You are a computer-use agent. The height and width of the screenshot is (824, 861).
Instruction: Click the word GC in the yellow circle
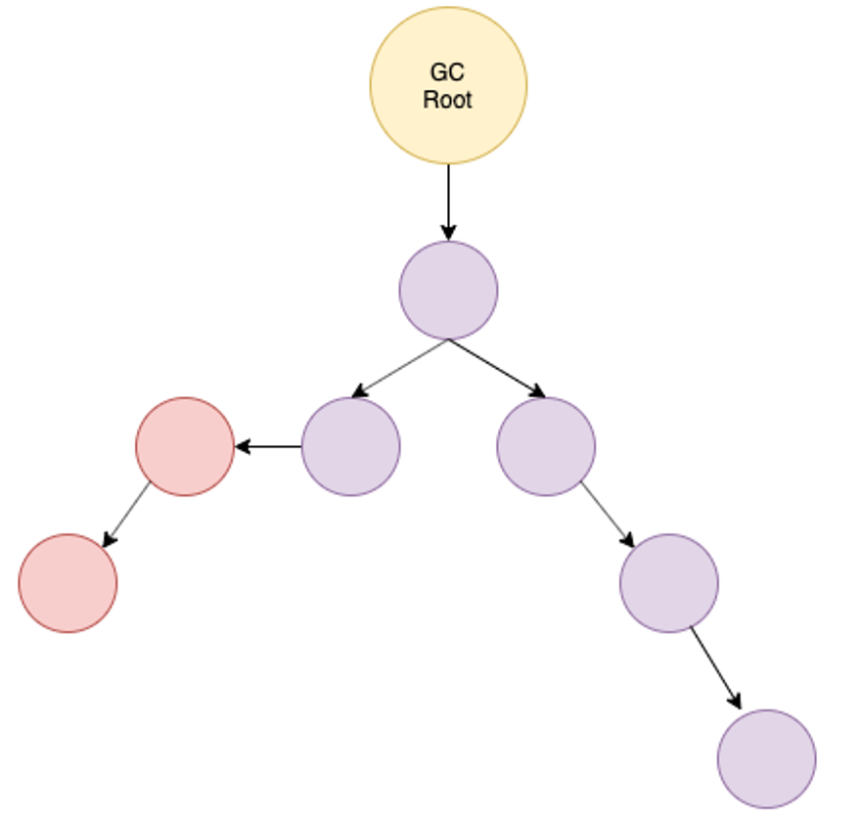(447, 72)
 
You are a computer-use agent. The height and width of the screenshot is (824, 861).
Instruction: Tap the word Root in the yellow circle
(447, 100)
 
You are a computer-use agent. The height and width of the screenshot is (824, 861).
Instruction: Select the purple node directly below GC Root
(448, 291)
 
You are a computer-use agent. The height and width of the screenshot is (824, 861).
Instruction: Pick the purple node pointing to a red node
(350, 446)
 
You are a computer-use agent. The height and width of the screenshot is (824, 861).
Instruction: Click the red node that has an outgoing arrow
(185, 446)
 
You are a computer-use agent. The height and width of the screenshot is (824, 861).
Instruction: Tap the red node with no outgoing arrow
(68, 583)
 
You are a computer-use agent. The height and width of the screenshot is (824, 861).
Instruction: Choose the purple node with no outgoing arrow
(766, 758)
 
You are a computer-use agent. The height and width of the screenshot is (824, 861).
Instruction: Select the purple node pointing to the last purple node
(668, 583)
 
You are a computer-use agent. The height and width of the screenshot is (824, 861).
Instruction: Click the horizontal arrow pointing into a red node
(269, 446)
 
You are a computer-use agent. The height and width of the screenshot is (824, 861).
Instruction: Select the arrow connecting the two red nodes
(128, 515)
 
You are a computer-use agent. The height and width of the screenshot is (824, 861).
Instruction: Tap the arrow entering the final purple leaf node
(715, 667)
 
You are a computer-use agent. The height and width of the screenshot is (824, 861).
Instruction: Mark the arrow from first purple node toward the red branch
(400, 368)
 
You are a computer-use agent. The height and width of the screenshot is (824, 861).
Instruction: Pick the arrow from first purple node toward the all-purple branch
(496, 368)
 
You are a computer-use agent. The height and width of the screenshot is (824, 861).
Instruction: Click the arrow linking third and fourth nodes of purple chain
(607, 514)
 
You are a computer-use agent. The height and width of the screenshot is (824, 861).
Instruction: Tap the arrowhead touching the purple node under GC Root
(448, 233)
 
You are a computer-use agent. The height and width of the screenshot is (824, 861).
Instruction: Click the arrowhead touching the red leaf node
(109, 540)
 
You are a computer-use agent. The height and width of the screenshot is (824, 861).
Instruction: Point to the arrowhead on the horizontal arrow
(243, 446)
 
